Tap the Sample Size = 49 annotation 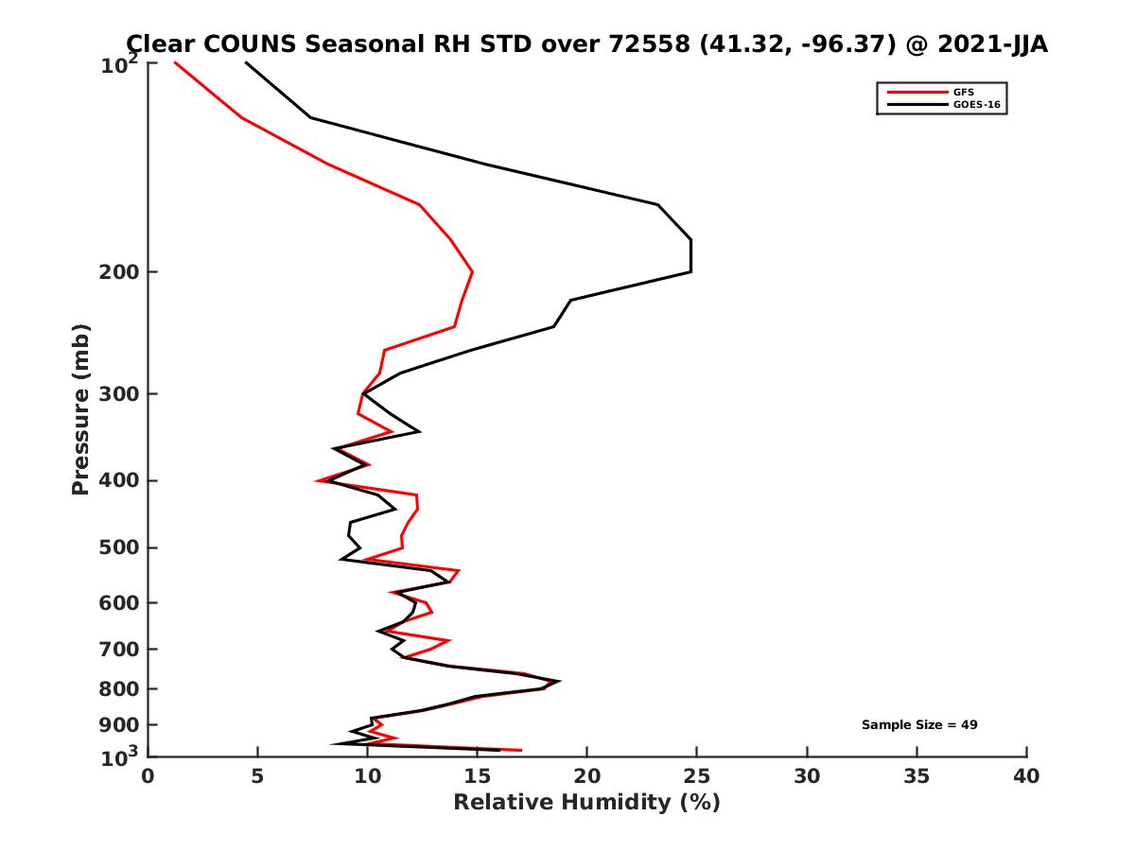tap(918, 724)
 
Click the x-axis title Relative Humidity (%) tap(586, 803)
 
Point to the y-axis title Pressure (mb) tap(80, 409)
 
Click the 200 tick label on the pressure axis tap(114, 272)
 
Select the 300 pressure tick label tap(114, 393)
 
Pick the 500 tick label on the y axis tap(114, 547)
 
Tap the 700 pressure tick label tap(114, 649)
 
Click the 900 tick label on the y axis tap(114, 725)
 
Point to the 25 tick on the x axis tap(697, 776)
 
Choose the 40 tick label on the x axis tap(1026, 776)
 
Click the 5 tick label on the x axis tap(258, 776)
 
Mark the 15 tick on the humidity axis tap(478, 776)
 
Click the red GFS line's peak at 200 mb tap(472, 272)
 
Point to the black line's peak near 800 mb tap(559, 681)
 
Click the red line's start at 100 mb tap(175, 62)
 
